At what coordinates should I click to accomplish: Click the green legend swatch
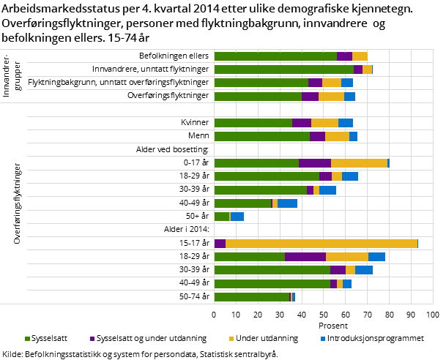[28, 339]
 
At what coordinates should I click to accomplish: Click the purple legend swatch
[92, 339]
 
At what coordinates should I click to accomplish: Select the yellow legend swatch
[231, 339]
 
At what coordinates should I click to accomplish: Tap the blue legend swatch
[323, 339]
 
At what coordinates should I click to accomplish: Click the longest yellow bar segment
[322, 244]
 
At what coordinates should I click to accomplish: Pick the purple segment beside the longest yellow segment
[220, 244]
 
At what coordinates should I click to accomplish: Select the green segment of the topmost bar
[275, 56]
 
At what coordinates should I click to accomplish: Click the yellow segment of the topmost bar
[360, 56]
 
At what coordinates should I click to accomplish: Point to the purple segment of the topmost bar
[344, 56]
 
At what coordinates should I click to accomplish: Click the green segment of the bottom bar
[252, 297]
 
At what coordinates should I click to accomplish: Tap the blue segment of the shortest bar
[237, 217]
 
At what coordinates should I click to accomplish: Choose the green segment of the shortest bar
[222, 217]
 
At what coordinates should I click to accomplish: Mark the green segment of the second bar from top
[284, 70]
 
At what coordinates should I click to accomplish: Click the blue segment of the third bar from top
[347, 83]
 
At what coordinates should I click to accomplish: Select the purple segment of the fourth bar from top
[310, 97]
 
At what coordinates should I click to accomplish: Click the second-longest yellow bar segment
[360, 163]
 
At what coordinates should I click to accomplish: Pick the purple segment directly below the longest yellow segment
[305, 257]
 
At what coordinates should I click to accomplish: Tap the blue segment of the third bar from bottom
[364, 270]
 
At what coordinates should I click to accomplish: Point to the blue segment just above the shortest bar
[288, 203]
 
